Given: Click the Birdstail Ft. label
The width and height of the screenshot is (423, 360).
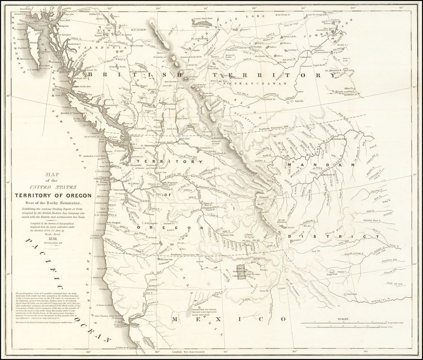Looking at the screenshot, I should [x=351, y=94].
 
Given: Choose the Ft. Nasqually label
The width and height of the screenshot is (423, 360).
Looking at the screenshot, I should [x=133, y=165].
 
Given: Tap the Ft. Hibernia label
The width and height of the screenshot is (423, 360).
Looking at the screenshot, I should [x=334, y=70].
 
